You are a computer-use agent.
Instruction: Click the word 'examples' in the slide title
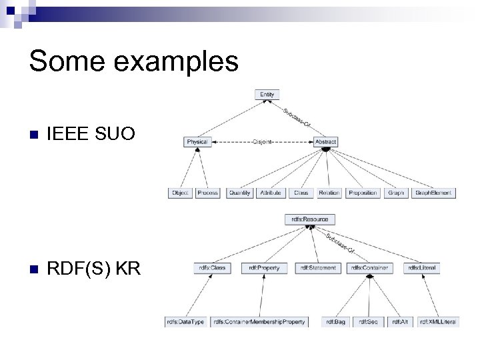click(x=178, y=61)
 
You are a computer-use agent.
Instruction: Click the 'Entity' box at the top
click(x=267, y=95)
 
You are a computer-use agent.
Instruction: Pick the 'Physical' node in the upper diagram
click(x=197, y=142)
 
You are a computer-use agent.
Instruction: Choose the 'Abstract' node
click(x=325, y=142)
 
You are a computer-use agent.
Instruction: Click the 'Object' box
click(x=180, y=193)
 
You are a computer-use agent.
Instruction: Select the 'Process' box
click(x=208, y=193)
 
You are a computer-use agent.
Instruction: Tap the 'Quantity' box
click(x=239, y=193)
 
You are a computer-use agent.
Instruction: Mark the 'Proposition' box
click(x=363, y=193)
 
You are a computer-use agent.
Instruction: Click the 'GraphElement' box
click(x=433, y=193)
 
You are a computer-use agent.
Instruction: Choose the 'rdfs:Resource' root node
click(x=310, y=219)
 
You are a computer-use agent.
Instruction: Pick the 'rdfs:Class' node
click(x=213, y=268)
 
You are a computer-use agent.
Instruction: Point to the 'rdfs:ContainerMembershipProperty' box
click(x=260, y=322)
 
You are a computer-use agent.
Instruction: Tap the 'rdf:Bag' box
click(x=336, y=322)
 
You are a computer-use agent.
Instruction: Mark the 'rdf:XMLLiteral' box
click(x=438, y=322)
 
